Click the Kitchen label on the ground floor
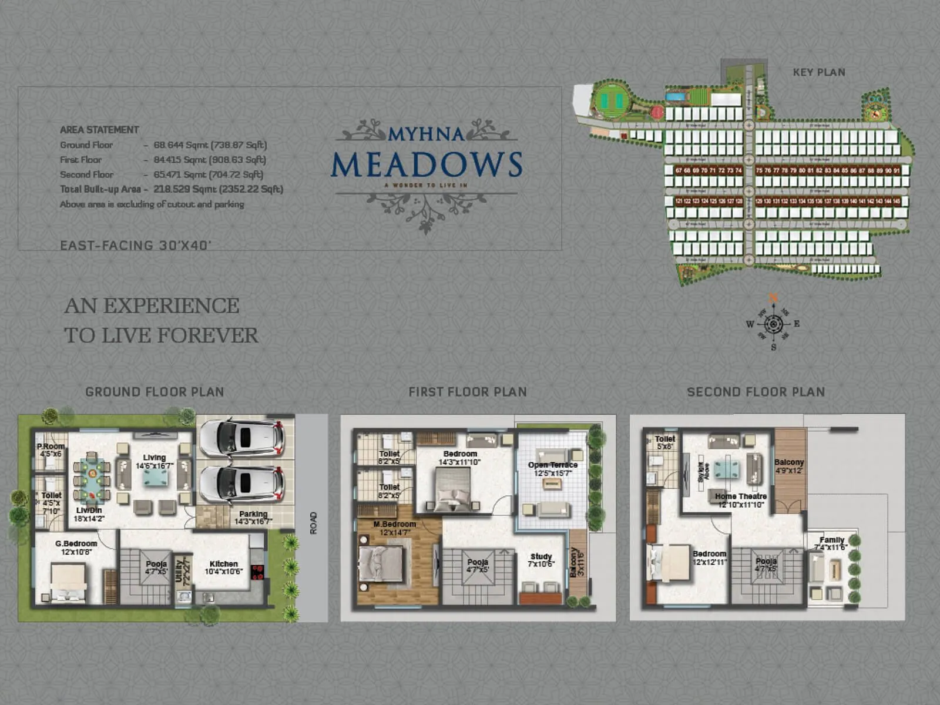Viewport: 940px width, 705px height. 223,564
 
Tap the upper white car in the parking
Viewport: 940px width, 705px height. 241,438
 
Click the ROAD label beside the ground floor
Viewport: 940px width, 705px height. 313,523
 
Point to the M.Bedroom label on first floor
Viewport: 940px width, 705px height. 394,525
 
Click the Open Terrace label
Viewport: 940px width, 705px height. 552,465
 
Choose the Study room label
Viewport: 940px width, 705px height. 540,556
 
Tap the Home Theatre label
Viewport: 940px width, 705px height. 740,496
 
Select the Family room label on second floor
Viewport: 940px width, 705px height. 831,540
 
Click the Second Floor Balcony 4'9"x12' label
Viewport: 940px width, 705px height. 788,463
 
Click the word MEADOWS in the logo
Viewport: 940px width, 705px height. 427,165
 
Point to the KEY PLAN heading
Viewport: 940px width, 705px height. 818,72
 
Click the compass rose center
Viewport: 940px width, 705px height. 773,324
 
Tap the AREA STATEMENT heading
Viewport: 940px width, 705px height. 99,130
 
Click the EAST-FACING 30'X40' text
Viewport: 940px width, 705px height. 135,246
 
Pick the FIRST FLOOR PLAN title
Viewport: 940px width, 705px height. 468,392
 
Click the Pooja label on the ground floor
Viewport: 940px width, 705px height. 156,564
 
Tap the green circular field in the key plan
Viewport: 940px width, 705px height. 612,100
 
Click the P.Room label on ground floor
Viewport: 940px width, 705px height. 50,447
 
